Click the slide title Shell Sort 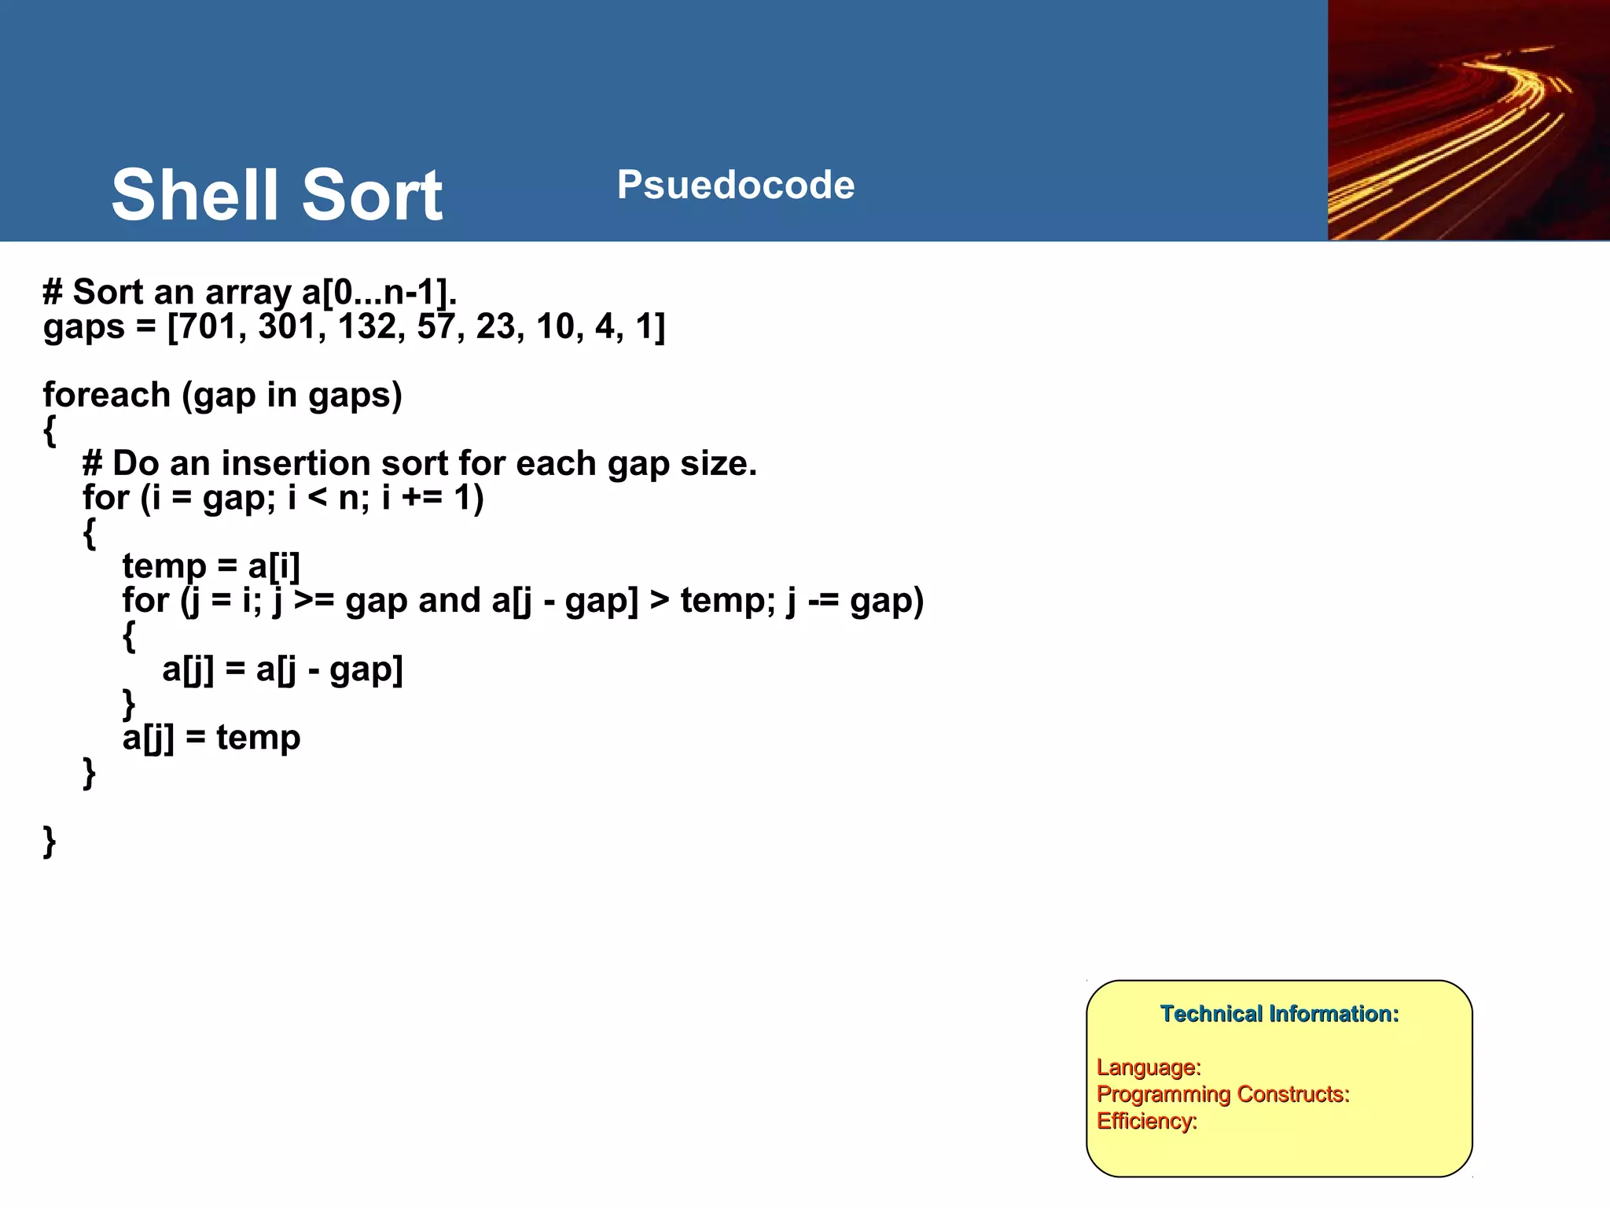277,195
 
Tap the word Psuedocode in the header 735,186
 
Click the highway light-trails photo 1468,120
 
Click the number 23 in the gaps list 494,326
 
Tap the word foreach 106,395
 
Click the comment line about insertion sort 420,463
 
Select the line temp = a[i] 211,566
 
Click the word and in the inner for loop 450,601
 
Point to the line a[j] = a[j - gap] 282,669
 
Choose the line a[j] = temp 211,738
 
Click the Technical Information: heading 1279,1014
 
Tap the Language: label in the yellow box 1149,1067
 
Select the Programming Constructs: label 1222,1094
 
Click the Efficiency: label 1146,1121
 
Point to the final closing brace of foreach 50,841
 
